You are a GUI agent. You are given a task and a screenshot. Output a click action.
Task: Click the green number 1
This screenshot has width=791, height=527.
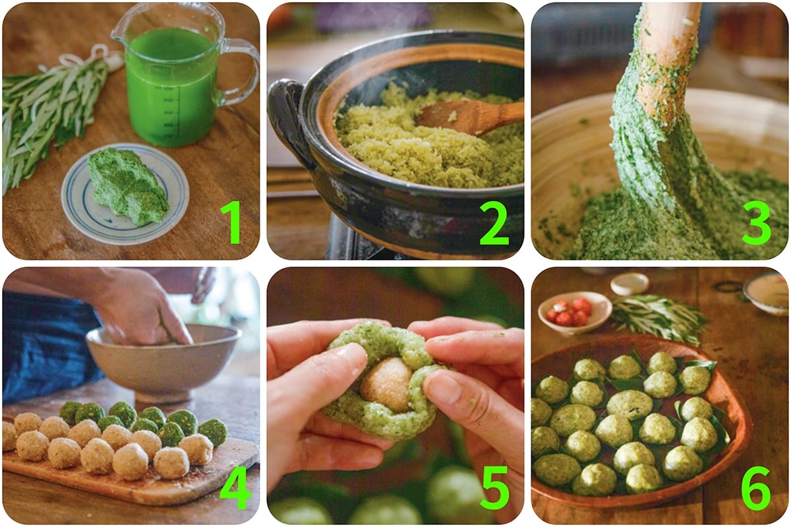click(x=231, y=222)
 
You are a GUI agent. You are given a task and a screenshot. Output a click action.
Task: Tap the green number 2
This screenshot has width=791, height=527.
click(x=494, y=223)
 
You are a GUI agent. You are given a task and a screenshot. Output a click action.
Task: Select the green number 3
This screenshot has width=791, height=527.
click(x=756, y=223)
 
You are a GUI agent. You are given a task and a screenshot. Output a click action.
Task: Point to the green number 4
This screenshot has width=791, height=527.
click(x=235, y=487)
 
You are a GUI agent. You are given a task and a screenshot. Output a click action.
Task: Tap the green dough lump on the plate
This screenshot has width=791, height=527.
click(x=128, y=186)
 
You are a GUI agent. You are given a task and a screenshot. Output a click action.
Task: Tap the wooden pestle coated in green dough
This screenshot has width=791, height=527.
click(x=657, y=88)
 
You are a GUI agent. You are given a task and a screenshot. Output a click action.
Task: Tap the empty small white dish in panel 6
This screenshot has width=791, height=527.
click(x=630, y=284)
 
